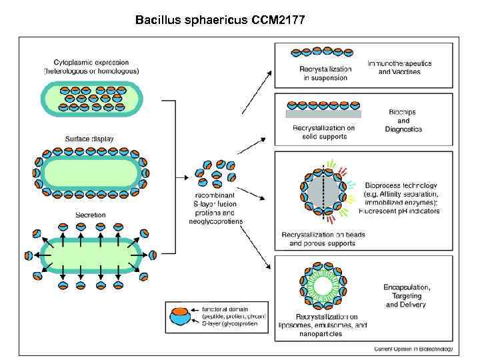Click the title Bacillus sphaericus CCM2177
pos(220,20)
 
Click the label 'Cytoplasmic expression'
pos(91,61)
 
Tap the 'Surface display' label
pos(89,139)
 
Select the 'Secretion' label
pos(90,215)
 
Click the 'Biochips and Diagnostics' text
pos(403,121)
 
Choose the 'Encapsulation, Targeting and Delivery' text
pos(407,295)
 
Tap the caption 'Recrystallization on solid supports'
pos(324,133)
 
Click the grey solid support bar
pos(323,113)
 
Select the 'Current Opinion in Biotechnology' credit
pos(413,348)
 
